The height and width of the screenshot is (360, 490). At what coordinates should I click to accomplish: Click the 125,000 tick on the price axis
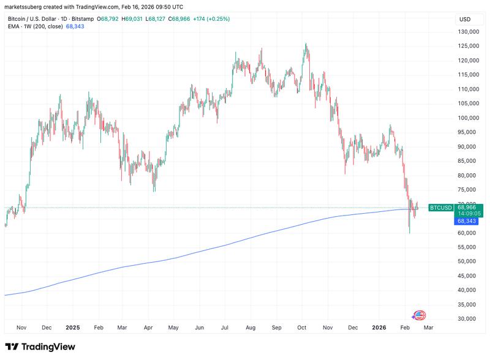coord(468,46)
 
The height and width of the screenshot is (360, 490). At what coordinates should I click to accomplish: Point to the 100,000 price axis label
coord(468,118)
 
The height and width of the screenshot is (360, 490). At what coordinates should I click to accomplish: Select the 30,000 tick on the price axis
coord(468,319)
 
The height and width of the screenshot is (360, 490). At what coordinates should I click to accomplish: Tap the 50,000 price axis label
coord(468,261)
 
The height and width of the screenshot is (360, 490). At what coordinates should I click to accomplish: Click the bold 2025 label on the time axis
coord(72,328)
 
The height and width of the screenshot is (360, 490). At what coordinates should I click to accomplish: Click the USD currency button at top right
coord(465,20)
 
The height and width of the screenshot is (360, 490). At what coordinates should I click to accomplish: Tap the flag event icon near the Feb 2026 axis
coord(420,316)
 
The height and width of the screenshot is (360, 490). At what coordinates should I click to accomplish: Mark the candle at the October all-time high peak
coord(306,47)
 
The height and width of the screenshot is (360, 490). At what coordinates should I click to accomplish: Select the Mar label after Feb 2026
coord(429,328)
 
